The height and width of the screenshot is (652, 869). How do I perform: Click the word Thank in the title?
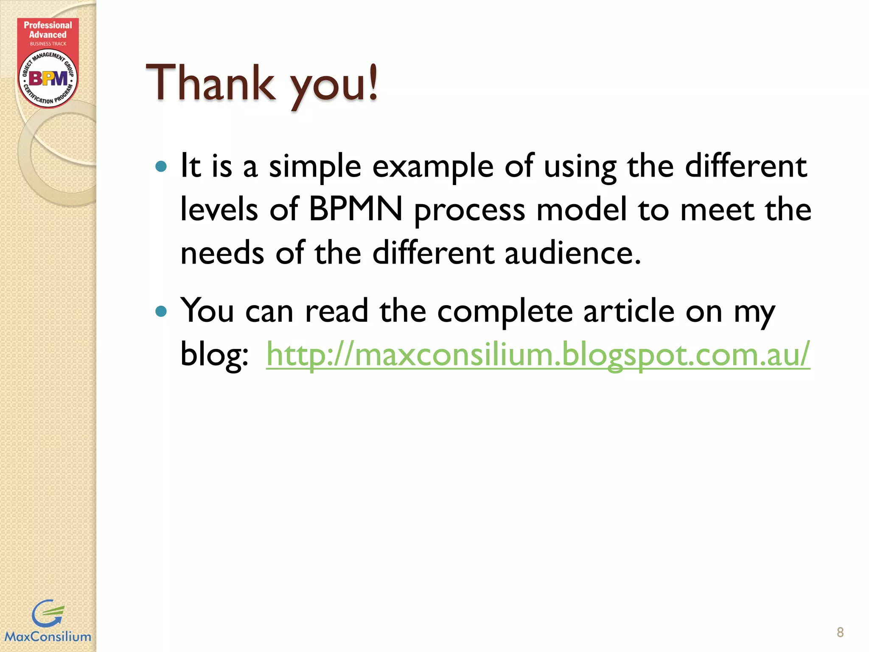tap(210, 83)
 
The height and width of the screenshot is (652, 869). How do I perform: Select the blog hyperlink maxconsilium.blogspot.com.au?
tap(538, 355)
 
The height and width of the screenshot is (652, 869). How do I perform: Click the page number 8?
tap(840, 632)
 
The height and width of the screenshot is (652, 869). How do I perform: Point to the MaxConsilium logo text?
tap(48, 637)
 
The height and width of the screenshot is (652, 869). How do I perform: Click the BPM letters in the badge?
tap(48, 79)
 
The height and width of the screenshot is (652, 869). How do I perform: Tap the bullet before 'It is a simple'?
tap(161, 166)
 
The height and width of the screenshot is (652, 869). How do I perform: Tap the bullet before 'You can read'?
tap(161, 312)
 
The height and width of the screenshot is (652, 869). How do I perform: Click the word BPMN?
tap(356, 210)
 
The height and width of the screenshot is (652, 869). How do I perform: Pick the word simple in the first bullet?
tap(315, 167)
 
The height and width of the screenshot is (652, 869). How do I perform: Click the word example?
tap(433, 167)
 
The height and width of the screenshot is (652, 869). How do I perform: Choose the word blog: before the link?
tap(214, 355)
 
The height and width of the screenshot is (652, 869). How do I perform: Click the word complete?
tap(505, 312)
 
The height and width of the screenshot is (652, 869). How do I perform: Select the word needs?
tap(222, 253)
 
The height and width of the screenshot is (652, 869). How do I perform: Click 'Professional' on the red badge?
tap(48, 25)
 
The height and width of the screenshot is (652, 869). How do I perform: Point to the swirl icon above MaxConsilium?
tap(48, 613)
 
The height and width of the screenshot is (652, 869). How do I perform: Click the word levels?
tap(219, 210)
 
